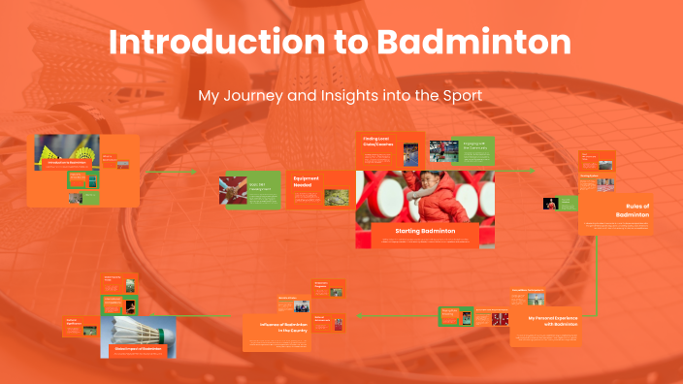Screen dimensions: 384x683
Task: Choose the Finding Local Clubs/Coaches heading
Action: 375,142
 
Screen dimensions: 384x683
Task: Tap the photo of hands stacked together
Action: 236,189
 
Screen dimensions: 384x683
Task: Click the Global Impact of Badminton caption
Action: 135,348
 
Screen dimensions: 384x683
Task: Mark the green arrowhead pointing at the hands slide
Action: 194,171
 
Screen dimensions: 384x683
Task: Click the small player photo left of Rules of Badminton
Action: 552,204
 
